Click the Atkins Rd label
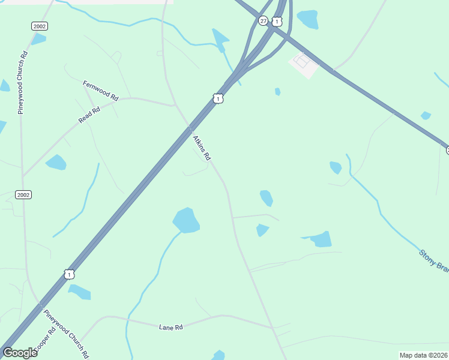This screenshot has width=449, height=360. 202,148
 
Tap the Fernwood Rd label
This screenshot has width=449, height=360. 101,90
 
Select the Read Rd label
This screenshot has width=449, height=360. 89,115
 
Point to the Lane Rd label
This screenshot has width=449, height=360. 170,327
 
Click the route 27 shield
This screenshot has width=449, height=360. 263,20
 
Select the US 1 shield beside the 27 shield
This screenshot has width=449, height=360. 276,22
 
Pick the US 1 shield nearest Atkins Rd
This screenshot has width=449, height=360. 218,98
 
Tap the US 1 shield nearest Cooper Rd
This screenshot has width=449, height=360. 70,274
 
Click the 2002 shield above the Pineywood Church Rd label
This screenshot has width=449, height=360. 40,26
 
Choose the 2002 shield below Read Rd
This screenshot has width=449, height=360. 23,194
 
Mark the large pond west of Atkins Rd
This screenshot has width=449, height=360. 186,220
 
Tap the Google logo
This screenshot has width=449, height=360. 20,353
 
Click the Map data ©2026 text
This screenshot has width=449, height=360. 423,355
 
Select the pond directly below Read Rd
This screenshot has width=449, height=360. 56,162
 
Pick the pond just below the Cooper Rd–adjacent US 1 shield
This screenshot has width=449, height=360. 79,292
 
